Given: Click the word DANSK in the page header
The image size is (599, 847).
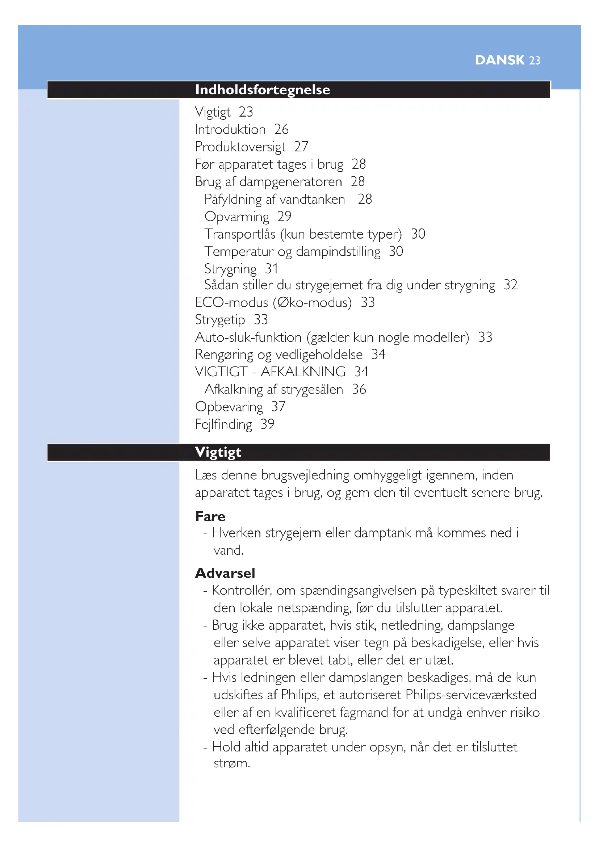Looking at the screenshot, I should point(499,60).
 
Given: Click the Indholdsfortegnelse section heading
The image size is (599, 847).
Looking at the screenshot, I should point(262,90).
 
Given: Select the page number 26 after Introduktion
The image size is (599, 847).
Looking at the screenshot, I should point(281,130).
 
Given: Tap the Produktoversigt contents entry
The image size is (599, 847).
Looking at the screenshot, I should point(240,147).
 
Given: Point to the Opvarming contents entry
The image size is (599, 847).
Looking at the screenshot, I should point(237,217).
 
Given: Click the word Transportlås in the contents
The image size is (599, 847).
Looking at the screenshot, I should point(240,234).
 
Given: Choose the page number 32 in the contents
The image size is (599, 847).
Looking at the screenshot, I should point(511,285).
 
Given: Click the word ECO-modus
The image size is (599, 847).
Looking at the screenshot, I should point(231,303).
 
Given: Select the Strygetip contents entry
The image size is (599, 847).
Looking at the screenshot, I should point(220,320).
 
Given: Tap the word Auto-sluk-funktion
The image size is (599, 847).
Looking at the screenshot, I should point(248,337).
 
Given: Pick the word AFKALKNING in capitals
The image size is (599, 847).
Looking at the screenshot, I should point(303,372).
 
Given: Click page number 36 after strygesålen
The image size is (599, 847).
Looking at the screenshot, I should point(359,389).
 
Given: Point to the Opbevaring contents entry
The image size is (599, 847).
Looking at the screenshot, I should point(229,407).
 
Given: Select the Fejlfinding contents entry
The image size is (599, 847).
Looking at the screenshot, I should point(223,424).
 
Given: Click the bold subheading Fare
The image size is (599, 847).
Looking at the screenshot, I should point(210,516).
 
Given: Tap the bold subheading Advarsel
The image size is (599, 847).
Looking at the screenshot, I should point(225,573).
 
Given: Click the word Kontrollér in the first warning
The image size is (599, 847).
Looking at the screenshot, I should point(241,591).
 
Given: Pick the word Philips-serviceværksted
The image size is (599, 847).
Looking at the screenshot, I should point(471,695).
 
